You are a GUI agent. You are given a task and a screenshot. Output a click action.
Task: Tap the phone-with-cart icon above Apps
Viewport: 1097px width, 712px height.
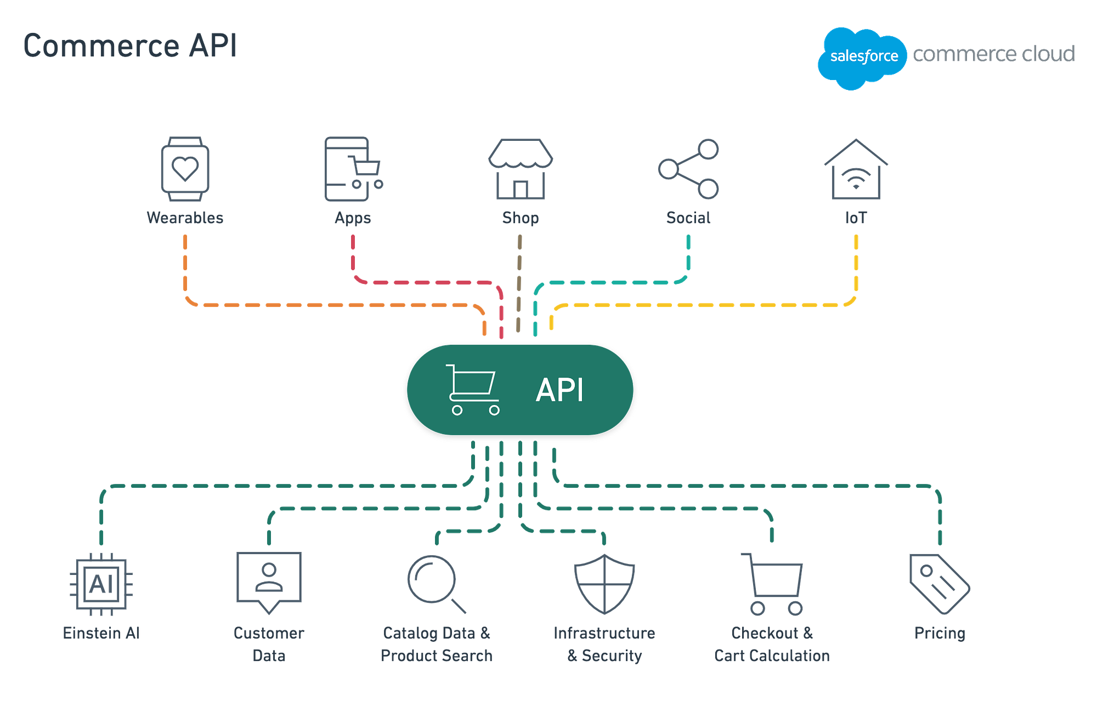[x=351, y=169]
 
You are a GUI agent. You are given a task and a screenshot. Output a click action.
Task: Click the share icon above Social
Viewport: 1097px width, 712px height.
[x=689, y=169]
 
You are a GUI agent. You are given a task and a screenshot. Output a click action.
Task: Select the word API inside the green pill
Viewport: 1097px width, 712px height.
[x=559, y=390]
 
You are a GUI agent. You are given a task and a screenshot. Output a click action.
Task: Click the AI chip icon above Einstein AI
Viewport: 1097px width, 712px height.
[x=101, y=584]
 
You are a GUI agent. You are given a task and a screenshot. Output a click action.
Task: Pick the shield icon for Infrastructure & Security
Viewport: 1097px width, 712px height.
[x=604, y=583]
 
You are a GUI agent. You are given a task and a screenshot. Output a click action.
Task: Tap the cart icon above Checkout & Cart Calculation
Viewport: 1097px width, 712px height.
[x=773, y=584]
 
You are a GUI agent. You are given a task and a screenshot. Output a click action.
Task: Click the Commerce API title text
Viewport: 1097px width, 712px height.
[x=130, y=45]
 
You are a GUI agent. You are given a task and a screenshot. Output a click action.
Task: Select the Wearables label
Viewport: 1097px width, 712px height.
[x=185, y=218]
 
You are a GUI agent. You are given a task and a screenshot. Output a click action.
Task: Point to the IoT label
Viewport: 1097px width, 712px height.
[x=856, y=218]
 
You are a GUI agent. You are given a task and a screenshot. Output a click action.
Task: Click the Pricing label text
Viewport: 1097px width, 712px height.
[x=939, y=633]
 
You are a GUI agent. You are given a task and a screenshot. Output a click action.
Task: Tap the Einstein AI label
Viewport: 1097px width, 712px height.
[x=101, y=633]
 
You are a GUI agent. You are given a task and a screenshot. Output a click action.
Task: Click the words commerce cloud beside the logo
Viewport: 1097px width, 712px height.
[x=993, y=54]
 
